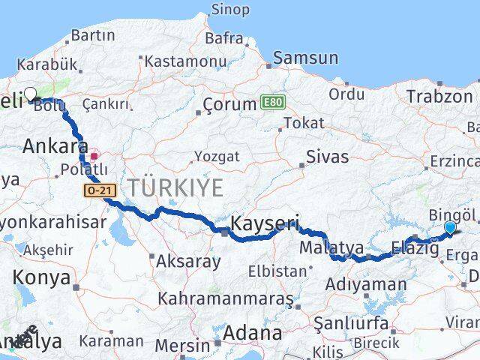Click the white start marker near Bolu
(30, 94)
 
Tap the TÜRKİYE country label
(175, 187)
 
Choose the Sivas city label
(328, 157)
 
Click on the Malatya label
(331, 247)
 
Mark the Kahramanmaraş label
(225, 298)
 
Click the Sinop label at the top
(229, 10)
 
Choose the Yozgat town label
(217, 157)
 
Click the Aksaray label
(188, 262)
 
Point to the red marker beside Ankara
(94, 157)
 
